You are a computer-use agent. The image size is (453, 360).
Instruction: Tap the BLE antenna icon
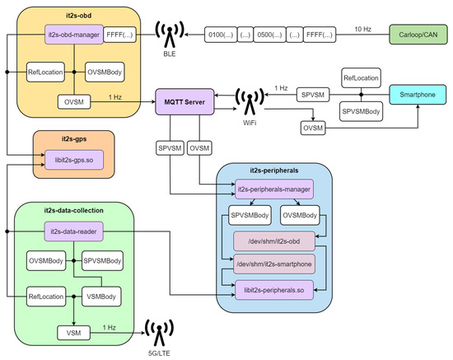pyautogui.click(x=170, y=35)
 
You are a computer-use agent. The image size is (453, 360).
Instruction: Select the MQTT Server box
pyautogui.click(x=185, y=102)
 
